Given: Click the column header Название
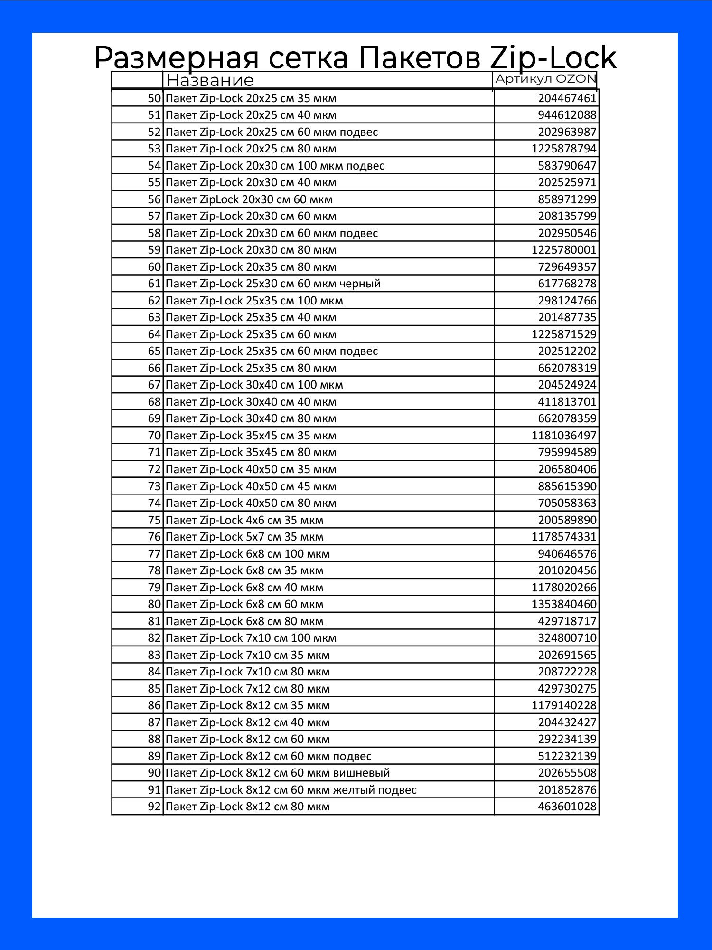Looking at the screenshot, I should point(210,80).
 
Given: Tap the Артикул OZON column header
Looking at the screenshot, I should point(545,79).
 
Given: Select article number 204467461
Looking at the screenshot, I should point(567,98).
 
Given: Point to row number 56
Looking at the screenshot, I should point(154,199).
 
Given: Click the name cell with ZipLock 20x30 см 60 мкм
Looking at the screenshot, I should point(249,199).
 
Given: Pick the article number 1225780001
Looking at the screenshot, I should point(563,250).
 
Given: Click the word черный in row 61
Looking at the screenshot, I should point(360,284).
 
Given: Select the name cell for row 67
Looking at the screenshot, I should point(254,385).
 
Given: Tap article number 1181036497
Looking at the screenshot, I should point(563,436).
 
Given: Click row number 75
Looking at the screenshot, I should point(154,520).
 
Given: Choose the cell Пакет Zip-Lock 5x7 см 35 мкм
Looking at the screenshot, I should point(244,537).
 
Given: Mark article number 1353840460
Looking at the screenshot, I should point(563,604).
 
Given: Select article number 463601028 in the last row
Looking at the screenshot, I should point(567,807).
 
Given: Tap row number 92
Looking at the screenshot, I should point(154,807).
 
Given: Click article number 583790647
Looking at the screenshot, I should point(567,166).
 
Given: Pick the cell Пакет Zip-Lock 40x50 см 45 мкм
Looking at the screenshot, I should point(251,486).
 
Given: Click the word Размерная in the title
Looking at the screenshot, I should point(177,58).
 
